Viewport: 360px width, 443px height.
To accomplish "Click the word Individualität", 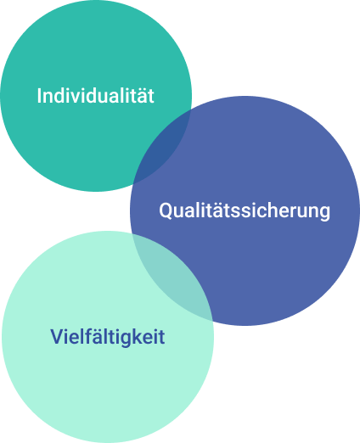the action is click(x=96, y=96).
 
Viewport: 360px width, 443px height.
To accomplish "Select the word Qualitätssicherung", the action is click(x=245, y=210).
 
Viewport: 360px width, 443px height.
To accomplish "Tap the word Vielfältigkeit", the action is click(x=108, y=337).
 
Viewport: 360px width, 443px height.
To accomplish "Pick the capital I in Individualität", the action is click(x=39, y=96).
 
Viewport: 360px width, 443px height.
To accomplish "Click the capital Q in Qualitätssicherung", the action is click(x=166, y=210).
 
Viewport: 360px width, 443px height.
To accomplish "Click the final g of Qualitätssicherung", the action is click(x=324, y=214).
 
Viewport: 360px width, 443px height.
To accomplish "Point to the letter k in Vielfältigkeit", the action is click(x=138, y=336).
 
